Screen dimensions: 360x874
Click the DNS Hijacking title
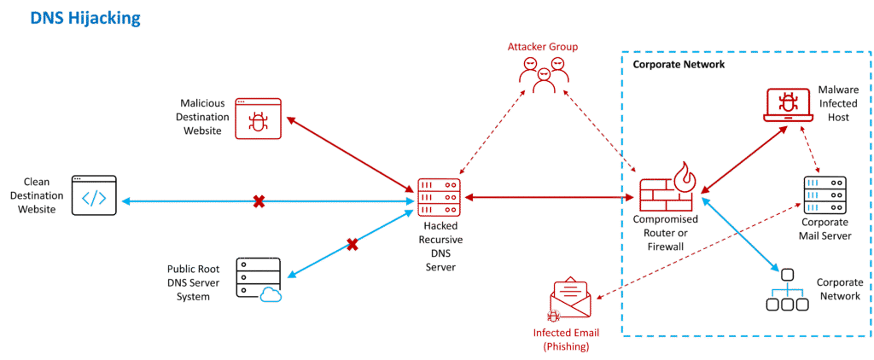tap(84, 18)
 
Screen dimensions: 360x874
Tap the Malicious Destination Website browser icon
tap(258, 118)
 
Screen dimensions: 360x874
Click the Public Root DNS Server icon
tap(258, 278)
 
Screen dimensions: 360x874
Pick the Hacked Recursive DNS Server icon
tap(439, 197)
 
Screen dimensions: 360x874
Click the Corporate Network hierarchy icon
tap(787, 290)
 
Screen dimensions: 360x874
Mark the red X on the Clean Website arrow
tap(259, 201)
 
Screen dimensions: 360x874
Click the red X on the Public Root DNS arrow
tap(352, 245)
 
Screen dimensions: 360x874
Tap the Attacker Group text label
tap(543, 46)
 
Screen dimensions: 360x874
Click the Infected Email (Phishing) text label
tap(562, 340)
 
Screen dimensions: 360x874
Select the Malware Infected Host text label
tap(832, 103)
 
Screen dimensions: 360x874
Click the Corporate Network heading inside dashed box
tap(679, 65)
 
